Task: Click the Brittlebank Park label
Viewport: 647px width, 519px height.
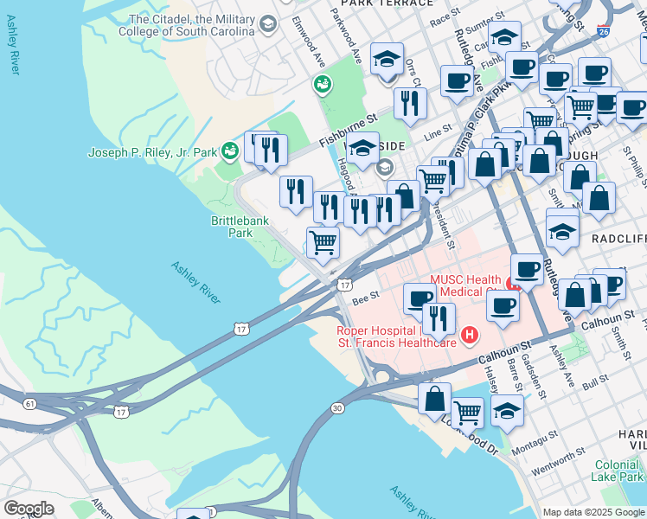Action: coord(240,227)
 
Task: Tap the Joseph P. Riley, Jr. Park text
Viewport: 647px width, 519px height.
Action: coord(152,153)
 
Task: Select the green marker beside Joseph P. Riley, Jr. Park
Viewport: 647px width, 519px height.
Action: coord(229,152)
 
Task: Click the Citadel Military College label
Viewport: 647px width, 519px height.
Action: coord(191,25)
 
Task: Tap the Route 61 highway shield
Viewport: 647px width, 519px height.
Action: coord(30,403)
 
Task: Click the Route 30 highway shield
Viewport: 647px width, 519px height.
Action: coord(336,407)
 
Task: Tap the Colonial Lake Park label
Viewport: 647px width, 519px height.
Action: coord(618,471)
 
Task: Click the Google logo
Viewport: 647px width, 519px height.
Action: coord(29,509)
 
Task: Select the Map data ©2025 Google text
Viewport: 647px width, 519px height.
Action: coord(594,512)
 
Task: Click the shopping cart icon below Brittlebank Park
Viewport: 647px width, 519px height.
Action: coord(323,243)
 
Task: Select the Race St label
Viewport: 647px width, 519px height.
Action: coord(444,16)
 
